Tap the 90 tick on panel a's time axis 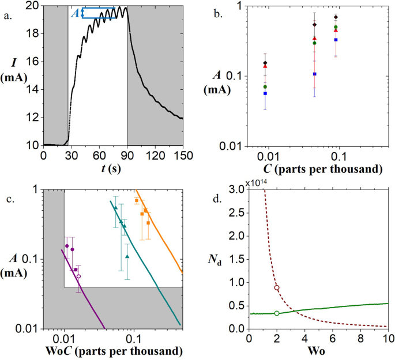coord(127,156)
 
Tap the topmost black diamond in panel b coord(336,17)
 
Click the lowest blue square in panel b coord(265,93)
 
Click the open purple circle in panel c coord(79,276)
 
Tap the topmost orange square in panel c coord(136,200)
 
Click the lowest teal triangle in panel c coord(127,256)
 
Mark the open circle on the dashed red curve coord(277,287)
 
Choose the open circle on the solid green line coord(277,313)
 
